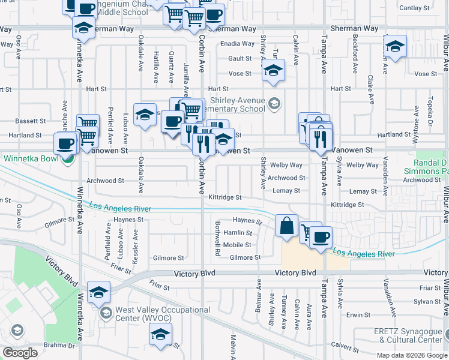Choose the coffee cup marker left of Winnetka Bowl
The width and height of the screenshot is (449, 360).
pyautogui.click(x=65, y=143)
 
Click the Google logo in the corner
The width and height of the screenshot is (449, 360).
pyautogui.click(x=20, y=353)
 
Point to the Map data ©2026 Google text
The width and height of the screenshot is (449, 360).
pyautogui.click(x=412, y=355)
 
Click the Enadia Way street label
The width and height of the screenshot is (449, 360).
pyautogui.click(x=237, y=44)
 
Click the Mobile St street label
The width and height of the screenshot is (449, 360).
pyautogui.click(x=237, y=245)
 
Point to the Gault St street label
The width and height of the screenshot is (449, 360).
pyautogui.click(x=240, y=59)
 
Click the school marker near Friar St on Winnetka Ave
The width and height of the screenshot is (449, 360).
pyautogui.click(x=98, y=292)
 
